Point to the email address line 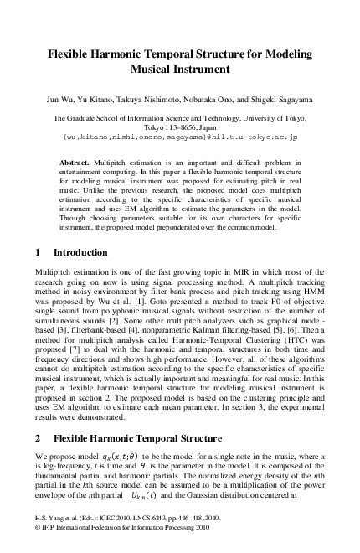[x=180, y=135]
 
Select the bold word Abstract [x=78, y=160]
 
